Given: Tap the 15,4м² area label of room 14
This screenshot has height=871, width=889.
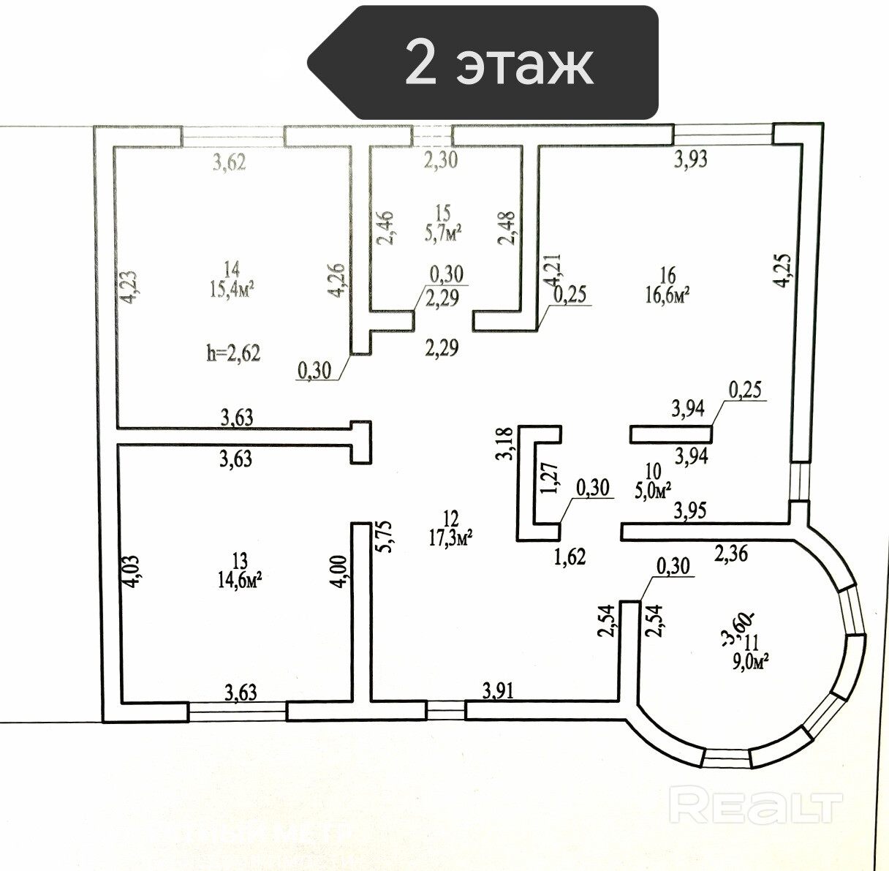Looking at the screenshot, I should [x=233, y=291].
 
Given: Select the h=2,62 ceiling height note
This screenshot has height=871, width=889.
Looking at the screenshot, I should [x=233, y=353].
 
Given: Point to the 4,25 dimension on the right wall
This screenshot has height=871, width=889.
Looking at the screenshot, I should [x=782, y=271].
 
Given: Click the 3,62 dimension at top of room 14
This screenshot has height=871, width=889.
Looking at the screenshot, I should [x=230, y=162].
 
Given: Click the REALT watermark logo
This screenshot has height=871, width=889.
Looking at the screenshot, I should [x=756, y=807].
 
